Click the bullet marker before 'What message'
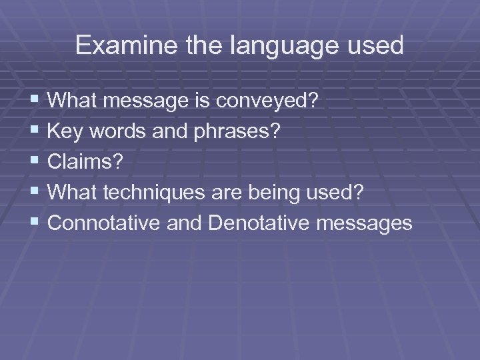point(35,101)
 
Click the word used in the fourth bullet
point(339,193)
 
